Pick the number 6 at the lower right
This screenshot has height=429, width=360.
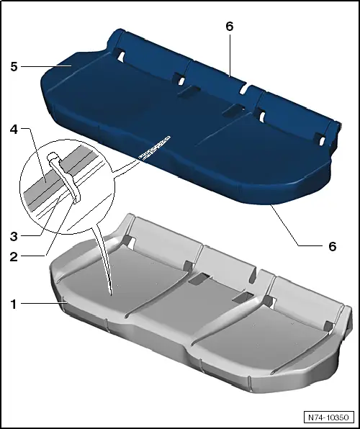[332, 245]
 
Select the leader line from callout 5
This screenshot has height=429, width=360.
[43, 66]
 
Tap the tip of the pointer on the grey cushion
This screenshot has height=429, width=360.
[110, 292]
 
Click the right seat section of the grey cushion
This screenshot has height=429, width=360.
[281, 338]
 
